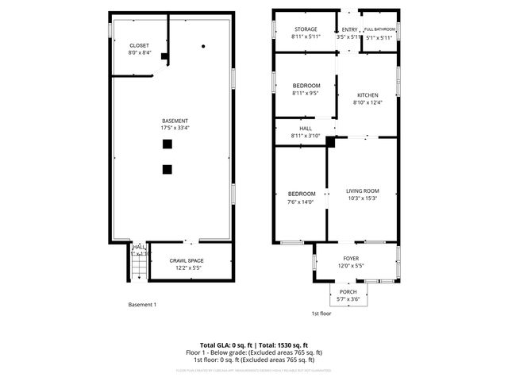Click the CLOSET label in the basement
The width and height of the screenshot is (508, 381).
tap(139, 46)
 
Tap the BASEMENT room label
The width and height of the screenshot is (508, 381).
tap(175, 121)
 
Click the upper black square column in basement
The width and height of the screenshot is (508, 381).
tap(167, 144)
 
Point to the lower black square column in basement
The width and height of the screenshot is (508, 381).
tap(167, 168)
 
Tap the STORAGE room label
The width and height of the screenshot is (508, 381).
tap(306, 29)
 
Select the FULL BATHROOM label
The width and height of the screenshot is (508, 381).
tap(379, 29)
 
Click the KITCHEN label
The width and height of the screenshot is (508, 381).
tap(368, 95)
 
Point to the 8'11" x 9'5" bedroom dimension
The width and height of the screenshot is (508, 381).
tap(306, 93)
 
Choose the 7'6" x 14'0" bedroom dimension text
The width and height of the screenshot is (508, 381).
tap(302, 202)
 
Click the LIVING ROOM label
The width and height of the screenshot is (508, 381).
tap(364, 190)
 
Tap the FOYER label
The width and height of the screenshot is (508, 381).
tap(351, 259)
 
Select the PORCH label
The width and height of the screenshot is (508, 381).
tap(348, 292)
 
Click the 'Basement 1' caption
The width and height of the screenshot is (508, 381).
tap(143, 305)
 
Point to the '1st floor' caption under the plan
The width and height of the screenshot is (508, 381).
tap(321, 314)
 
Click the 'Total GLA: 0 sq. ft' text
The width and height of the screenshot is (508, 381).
tap(225, 345)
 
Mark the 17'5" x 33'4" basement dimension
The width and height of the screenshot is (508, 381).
tap(175, 128)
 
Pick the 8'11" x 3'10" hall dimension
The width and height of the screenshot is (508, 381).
tap(306, 137)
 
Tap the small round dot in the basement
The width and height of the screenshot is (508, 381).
tap(204, 47)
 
